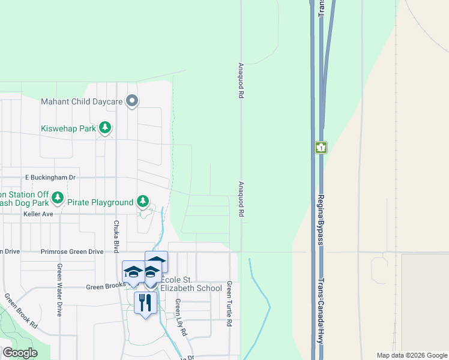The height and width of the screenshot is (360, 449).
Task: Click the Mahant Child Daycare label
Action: [x=82, y=101]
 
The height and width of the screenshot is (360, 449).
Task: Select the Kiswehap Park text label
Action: [x=68, y=128]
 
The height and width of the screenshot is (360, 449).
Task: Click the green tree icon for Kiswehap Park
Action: [x=106, y=128]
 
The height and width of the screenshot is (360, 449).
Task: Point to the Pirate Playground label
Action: [x=100, y=203]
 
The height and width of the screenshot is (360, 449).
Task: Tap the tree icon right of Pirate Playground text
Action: [x=143, y=201]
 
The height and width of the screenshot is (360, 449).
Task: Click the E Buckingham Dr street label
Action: [x=50, y=178]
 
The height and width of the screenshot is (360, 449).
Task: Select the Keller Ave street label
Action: [x=39, y=214]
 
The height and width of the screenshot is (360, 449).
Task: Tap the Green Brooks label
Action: [x=104, y=288]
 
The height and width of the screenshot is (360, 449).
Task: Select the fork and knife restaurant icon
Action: [x=145, y=302]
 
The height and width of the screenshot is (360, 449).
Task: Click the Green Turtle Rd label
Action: [x=229, y=303]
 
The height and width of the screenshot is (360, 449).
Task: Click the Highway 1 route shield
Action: [x=321, y=148]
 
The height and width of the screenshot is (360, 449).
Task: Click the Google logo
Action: [x=20, y=353]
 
